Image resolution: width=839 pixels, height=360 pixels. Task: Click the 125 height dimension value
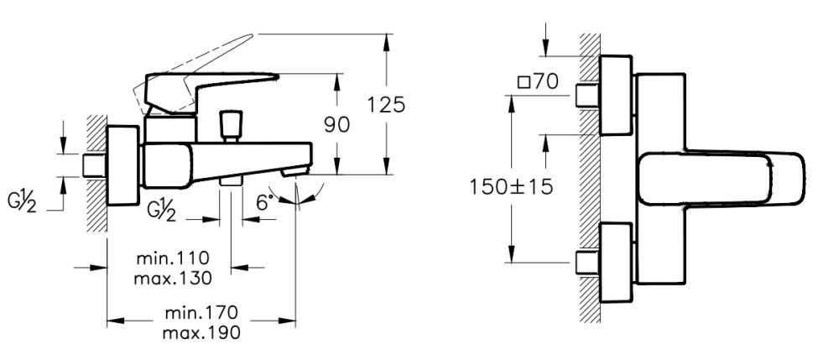(388, 105)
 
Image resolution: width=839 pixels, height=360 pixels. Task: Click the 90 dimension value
(336, 124)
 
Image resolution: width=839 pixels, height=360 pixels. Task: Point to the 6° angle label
(264, 202)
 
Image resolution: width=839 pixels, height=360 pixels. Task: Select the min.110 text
(174, 257)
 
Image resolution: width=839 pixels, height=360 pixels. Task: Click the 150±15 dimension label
(511, 186)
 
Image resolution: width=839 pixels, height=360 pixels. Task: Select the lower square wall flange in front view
(616, 262)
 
